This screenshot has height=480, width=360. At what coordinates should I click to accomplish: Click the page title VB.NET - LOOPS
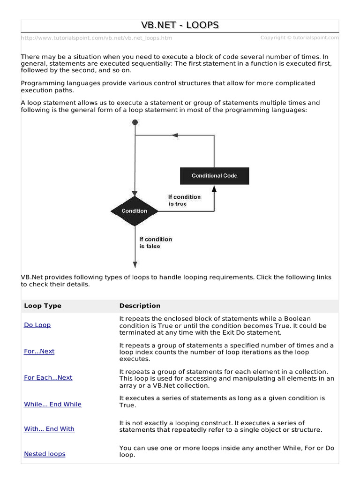pos(180,25)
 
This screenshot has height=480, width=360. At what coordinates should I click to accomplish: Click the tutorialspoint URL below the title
pos(96,38)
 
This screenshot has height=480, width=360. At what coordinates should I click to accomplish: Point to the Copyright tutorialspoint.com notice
pos(300,38)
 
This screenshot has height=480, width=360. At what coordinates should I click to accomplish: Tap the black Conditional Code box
pos(214,176)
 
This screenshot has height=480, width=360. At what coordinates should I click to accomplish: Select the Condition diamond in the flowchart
pos(135,211)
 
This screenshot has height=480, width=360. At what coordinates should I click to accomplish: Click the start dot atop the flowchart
pos(135,122)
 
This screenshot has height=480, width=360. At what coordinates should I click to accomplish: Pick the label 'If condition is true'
pos(184,200)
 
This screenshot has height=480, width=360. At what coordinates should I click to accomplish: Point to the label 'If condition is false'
pos(155,242)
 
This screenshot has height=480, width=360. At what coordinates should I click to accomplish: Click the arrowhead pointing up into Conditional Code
pos(214,188)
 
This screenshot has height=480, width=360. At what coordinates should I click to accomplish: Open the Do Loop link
pos(37,325)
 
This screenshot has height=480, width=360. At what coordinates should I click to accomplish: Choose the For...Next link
pos(39,351)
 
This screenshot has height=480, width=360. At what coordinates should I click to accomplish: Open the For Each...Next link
pos(48,377)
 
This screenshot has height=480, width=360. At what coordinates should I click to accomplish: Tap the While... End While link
pos(53,404)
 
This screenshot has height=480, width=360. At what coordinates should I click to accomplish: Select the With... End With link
pos(49,428)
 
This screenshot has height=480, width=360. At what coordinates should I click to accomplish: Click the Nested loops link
pos(45,454)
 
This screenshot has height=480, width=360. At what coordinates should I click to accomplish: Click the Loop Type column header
pos(43,306)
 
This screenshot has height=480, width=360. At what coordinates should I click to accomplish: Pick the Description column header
pos(140,306)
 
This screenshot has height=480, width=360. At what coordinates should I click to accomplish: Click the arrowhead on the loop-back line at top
pos(175,135)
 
